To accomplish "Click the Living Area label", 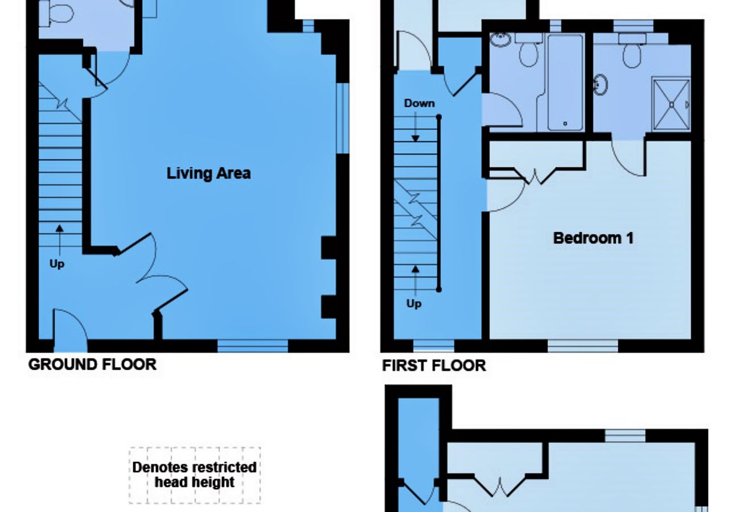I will pyautogui.click(x=208, y=173).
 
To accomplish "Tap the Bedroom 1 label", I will pyautogui.click(x=593, y=238).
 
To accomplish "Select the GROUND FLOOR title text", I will pyautogui.click(x=92, y=365).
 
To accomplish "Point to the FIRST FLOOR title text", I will pyautogui.click(x=434, y=366).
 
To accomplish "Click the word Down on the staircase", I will pyautogui.click(x=419, y=103).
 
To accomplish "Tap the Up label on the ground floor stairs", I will pyautogui.click(x=57, y=264).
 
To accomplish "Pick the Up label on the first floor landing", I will pyautogui.click(x=414, y=303).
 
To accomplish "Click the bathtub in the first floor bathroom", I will pyautogui.click(x=565, y=82).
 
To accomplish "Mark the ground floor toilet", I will pyautogui.click(x=57, y=13).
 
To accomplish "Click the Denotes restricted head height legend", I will pyautogui.click(x=195, y=475).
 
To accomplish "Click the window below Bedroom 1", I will pyautogui.click(x=583, y=346).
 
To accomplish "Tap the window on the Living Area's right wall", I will pyautogui.click(x=342, y=118).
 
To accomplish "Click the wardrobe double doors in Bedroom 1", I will pyautogui.click(x=536, y=174).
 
